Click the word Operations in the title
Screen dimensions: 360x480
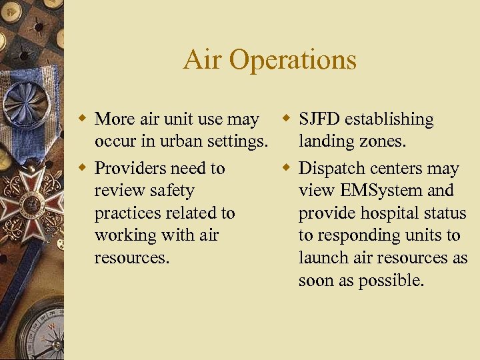[293, 61]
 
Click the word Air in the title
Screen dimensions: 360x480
[203, 60]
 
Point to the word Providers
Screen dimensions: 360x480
[133, 169]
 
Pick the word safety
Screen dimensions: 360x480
[172, 191]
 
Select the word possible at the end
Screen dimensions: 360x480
[393, 281]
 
